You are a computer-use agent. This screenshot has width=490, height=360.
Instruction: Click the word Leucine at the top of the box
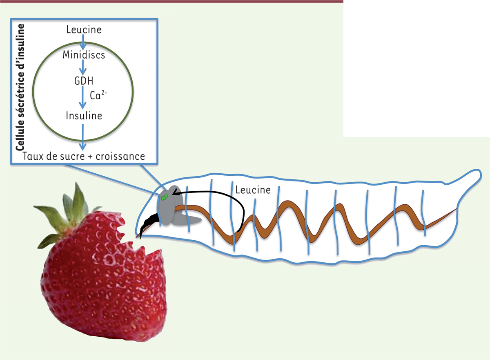tap(84, 29)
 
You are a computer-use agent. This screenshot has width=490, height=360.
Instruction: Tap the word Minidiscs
tap(84, 55)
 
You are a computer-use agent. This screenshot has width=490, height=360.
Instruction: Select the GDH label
tap(84, 81)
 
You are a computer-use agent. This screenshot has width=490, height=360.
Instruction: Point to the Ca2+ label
tap(98, 95)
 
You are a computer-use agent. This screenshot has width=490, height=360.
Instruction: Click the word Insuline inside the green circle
tap(84, 116)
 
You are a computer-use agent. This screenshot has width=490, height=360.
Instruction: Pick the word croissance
tap(120, 156)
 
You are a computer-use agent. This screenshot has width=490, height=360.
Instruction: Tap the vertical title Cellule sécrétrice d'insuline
tap(20, 87)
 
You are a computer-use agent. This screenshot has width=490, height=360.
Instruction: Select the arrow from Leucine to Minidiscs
tap(83, 42)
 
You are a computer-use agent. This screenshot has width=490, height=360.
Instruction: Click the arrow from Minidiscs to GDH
tap(82, 67)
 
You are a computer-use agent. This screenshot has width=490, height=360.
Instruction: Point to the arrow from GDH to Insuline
tap(82, 97)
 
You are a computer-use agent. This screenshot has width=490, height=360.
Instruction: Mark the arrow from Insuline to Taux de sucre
tap(82, 137)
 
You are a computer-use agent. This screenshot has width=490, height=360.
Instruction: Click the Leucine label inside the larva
tap(253, 190)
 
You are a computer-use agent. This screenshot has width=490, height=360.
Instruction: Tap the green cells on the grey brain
tap(164, 197)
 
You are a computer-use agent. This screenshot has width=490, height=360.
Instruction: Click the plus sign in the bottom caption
tap(93, 157)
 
